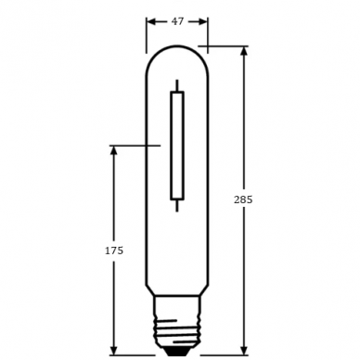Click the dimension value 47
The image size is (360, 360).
pos(177,21)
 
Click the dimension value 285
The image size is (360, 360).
pos(243,199)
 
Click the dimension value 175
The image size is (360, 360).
pos(114,251)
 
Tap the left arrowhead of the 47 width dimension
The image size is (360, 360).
pos(151,21)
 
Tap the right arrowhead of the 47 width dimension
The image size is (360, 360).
pos(203,21)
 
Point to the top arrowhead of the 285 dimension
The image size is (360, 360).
pos(244,51)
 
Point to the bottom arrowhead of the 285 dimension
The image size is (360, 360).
pos(244,350)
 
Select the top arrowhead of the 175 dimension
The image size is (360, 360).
pos(114,150)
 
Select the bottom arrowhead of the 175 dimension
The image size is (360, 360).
pos(114,350)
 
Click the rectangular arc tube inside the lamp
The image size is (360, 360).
pos(177,146)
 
